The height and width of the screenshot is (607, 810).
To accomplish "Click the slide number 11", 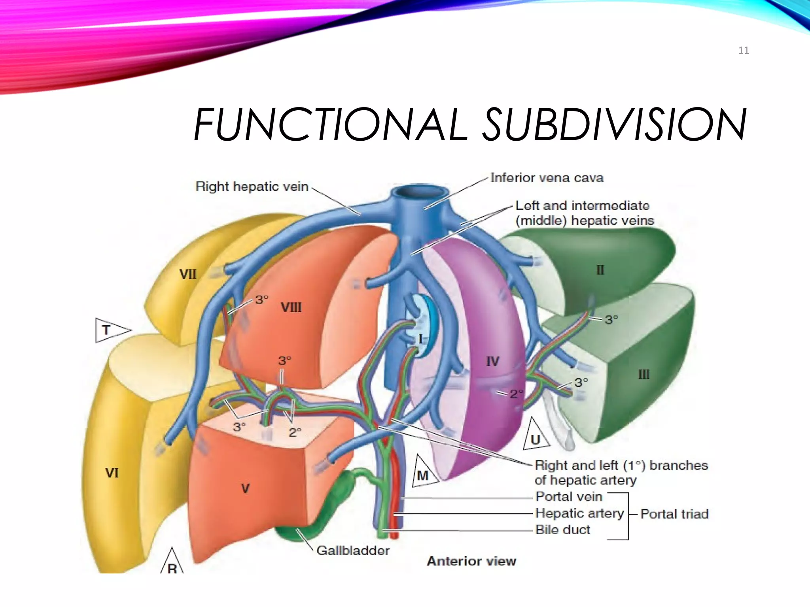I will (x=743, y=50).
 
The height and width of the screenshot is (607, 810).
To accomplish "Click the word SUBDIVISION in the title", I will (x=615, y=124).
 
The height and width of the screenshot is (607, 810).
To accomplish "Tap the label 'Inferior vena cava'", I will (x=547, y=178).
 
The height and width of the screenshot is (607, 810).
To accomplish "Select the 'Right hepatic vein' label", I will (x=252, y=186).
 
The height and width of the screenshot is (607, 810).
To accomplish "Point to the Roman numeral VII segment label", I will (x=187, y=274).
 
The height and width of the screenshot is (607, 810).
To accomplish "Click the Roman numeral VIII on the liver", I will (x=291, y=307).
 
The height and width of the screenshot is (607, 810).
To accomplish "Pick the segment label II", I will (x=600, y=270).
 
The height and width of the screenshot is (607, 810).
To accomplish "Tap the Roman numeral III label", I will (x=643, y=374).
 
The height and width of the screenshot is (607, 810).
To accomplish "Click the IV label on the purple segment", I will (x=492, y=361).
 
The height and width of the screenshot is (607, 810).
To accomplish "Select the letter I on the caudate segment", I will (x=420, y=339).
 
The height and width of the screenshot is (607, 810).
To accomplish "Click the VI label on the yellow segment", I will (x=112, y=473).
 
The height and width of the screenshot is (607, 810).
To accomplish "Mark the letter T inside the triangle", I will (x=106, y=330).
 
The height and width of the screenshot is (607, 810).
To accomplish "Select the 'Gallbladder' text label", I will (x=353, y=550).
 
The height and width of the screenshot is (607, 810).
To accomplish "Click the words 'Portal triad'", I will (x=674, y=514).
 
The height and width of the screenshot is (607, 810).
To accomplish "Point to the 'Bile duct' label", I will (x=562, y=530).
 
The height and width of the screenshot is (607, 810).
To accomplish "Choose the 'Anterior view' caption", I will (x=471, y=561).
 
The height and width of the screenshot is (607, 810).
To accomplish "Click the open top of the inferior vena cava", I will (x=419, y=192).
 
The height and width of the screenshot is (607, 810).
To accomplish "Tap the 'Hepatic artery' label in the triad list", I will (x=579, y=513).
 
